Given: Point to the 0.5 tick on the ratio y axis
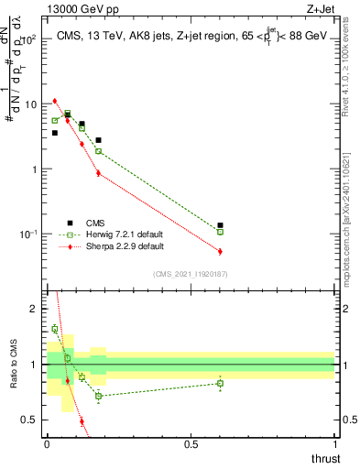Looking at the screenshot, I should point(34,420).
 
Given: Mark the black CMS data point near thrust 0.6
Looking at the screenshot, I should point(220,225).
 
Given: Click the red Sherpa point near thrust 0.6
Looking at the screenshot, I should point(220,251).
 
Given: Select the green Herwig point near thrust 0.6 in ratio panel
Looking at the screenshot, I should point(220,383).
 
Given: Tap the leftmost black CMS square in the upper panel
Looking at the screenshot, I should point(55,133).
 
